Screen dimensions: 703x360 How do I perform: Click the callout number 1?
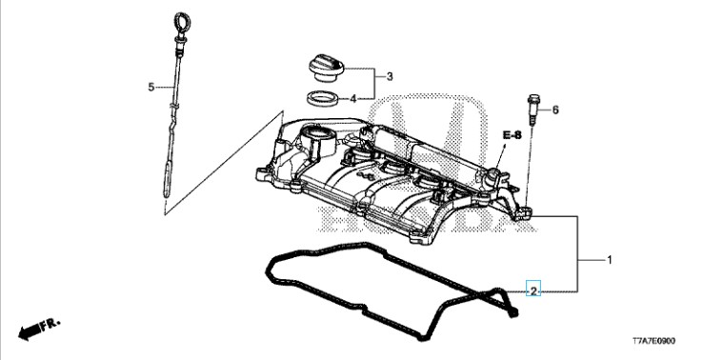click(x=609, y=260)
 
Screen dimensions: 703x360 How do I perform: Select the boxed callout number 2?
click(x=533, y=291)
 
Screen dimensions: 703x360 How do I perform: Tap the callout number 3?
click(x=390, y=76)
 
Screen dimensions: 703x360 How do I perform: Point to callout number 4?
click(x=352, y=99)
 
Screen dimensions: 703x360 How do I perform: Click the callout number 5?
click(x=151, y=87)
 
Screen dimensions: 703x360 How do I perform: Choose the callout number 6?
click(x=555, y=110)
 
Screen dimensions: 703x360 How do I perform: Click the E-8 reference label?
click(x=512, y=134)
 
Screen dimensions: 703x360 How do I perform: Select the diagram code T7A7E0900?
click(x=653, y=341)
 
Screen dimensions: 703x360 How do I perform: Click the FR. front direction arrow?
click(x=39, y=329)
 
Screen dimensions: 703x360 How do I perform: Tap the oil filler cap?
click(x=326, y=68)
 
